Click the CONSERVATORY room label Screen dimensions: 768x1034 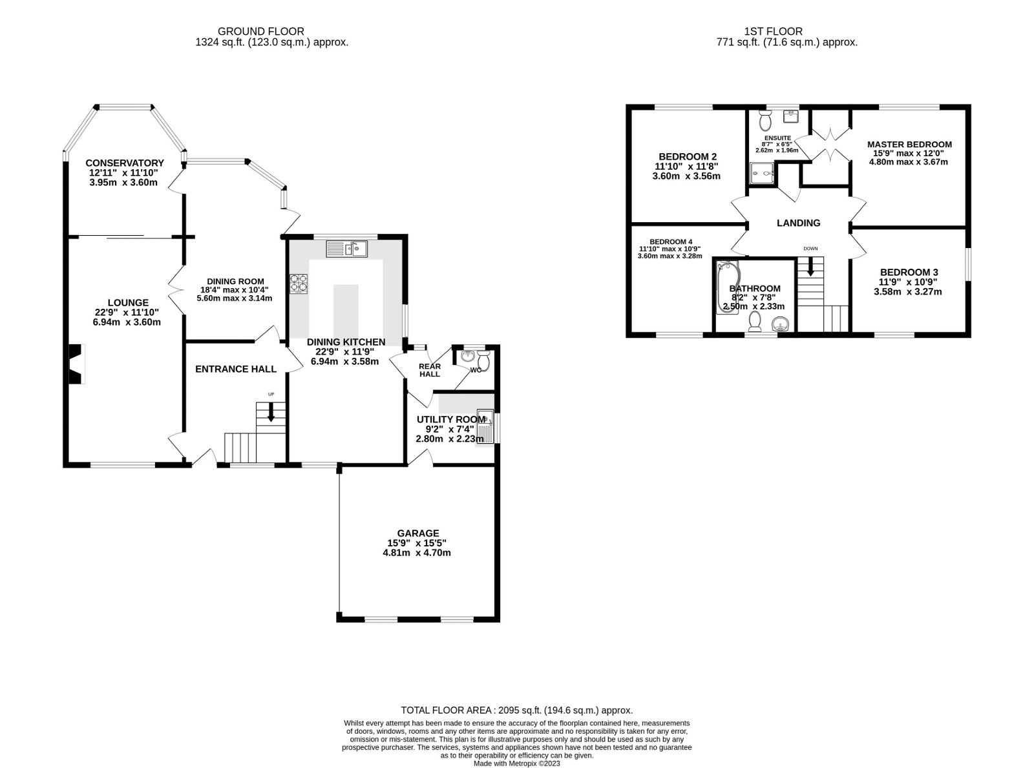pyautogui.click(x=125, y=163)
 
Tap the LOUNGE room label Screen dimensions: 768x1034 pyautogui.click(x=128, y=302)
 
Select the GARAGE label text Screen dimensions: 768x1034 pyautogui.click(x=418, y=533)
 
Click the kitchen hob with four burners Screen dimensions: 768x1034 pyautogui.click(x=299, y=284)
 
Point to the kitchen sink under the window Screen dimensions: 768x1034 pyautogui.click(x=347, y=248)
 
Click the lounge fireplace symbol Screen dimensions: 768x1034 pyautogui.click(x=76, y=364)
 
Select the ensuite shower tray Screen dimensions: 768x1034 pyautogui.click(x=761, y=172)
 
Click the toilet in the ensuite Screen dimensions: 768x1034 pyautogui.click(x=765, y=121)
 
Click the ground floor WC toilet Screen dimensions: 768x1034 pyautogui.click(x=485, y=362)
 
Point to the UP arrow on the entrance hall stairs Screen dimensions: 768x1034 pyautogui.click(x=270, y=413)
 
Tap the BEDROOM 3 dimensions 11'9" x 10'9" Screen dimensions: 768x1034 pyautogui.click(x=909, y=282)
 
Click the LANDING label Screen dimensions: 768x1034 pyautogui.click(x=799, y=223)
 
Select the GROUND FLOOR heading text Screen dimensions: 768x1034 pyautogui.click(x=260, y=31)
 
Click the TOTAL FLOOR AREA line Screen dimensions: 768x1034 pyautogui.click(x=516, y=710)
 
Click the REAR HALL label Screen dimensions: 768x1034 pyautogui.click(x=430, y=369)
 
